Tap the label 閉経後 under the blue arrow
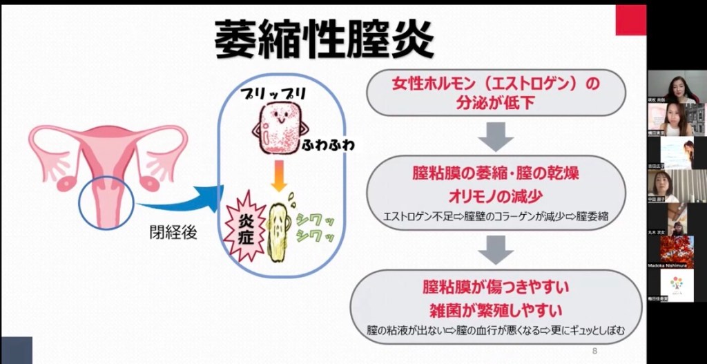[173, 232]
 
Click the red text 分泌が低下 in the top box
[495, 103]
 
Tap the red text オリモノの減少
[495, 195]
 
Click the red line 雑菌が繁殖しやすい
[495, 307]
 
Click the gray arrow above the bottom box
[496, 249]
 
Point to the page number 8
[594, 351]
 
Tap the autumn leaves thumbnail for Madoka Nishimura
[677, 250]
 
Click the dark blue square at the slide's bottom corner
[16, 350]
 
